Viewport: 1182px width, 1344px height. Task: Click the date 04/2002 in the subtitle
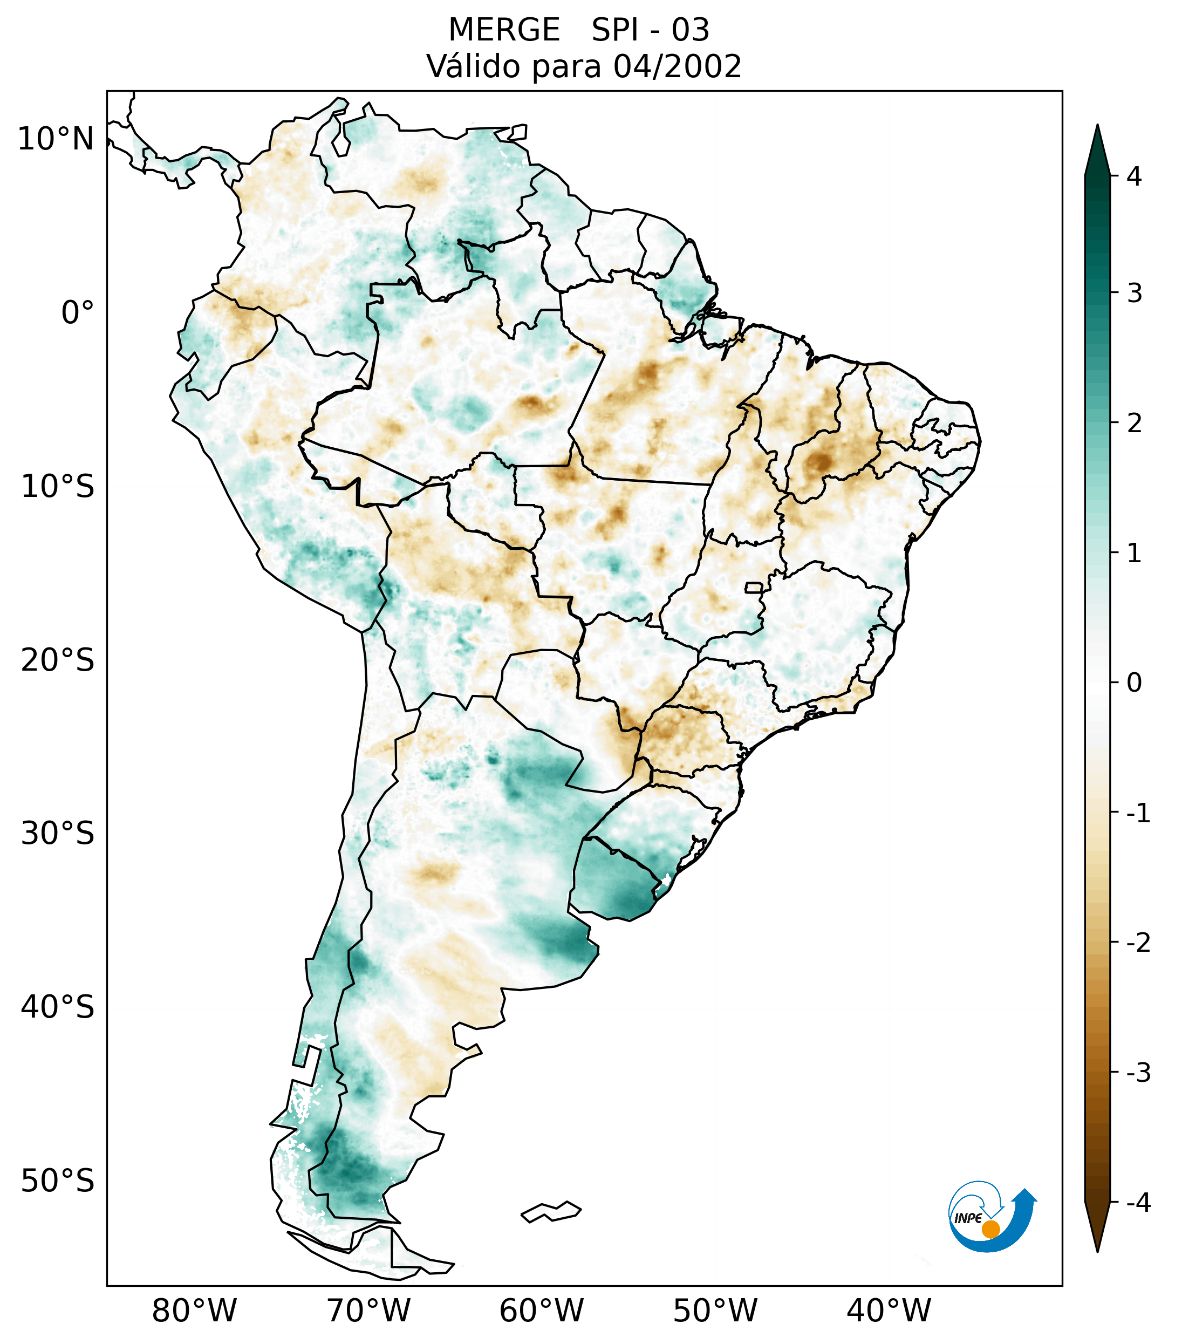pos(677,66)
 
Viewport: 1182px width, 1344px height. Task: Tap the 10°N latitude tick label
pos(55,139)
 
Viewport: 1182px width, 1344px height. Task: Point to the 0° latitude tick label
pos(77,313)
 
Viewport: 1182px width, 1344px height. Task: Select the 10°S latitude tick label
pos(58,487)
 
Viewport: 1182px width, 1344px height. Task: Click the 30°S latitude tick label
pos(58,834)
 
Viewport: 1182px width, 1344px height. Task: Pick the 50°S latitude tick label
pos(58,1181)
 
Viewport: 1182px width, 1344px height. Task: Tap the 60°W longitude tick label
pos(541,1311)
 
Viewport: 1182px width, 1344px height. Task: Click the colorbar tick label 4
pos(1134,176)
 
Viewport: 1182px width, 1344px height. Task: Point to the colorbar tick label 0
pos(1134,683)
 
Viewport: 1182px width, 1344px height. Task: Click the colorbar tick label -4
pos(1138,1203)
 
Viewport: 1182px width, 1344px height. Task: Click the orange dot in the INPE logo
pos(990,1229)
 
